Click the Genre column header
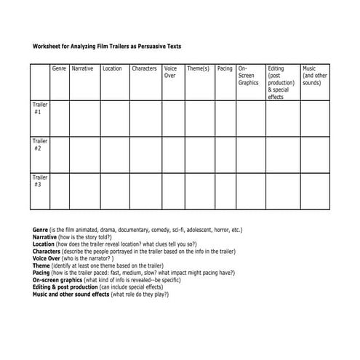(59, 68)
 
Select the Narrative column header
(82, 68)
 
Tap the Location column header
(113, 68)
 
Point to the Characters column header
(144, 68)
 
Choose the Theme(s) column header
(198, 68)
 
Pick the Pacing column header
(225, 68)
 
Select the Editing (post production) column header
(281, 82)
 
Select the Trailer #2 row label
(39, 145)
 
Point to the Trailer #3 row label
(39, 180)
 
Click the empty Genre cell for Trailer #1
(60, 118)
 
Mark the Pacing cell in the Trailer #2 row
(225, 153)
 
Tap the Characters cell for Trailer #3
(145, 191)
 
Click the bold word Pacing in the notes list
(41, 272)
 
